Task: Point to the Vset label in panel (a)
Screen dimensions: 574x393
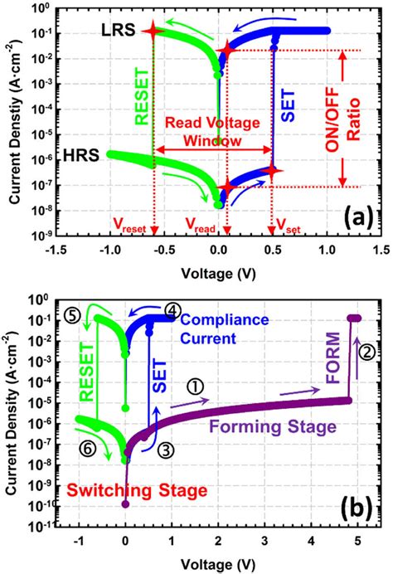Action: pyautogui.click(x=282, y=225)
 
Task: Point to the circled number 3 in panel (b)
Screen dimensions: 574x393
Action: pyautogui.click(x=166, y=449)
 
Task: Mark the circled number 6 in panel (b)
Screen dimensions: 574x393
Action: pyautogui.click(x=88, y=448)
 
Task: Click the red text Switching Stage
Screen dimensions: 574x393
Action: pyautogui.click(x=136, y=490)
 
